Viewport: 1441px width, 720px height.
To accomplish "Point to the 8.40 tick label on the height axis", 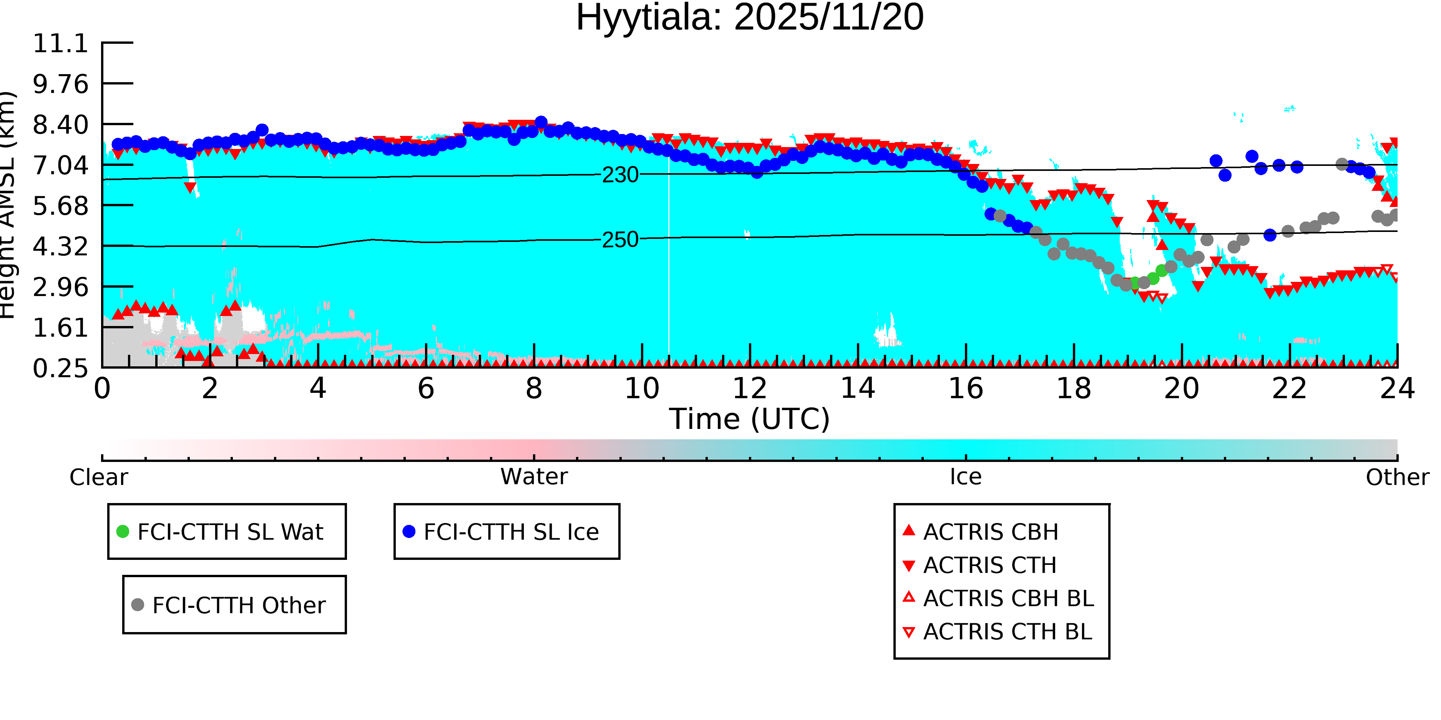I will tap(60, 125).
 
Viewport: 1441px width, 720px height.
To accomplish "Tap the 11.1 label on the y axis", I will tap(60, 44).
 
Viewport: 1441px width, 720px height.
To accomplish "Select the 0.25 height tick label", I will tap(60, 368).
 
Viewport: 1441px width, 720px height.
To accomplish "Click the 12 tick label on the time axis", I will tap(750, 389).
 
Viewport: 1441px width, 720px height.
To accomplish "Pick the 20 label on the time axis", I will tap(1182, 389).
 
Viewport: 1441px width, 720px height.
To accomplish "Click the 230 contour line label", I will tap(620, 175).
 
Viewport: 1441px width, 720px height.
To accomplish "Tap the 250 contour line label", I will tap(620, 240).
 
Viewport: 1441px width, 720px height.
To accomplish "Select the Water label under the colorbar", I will tap(534, 477).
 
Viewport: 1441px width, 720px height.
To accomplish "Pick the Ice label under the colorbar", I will tap(966, 477).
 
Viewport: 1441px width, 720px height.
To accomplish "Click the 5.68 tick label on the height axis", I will tap(60, 206).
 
